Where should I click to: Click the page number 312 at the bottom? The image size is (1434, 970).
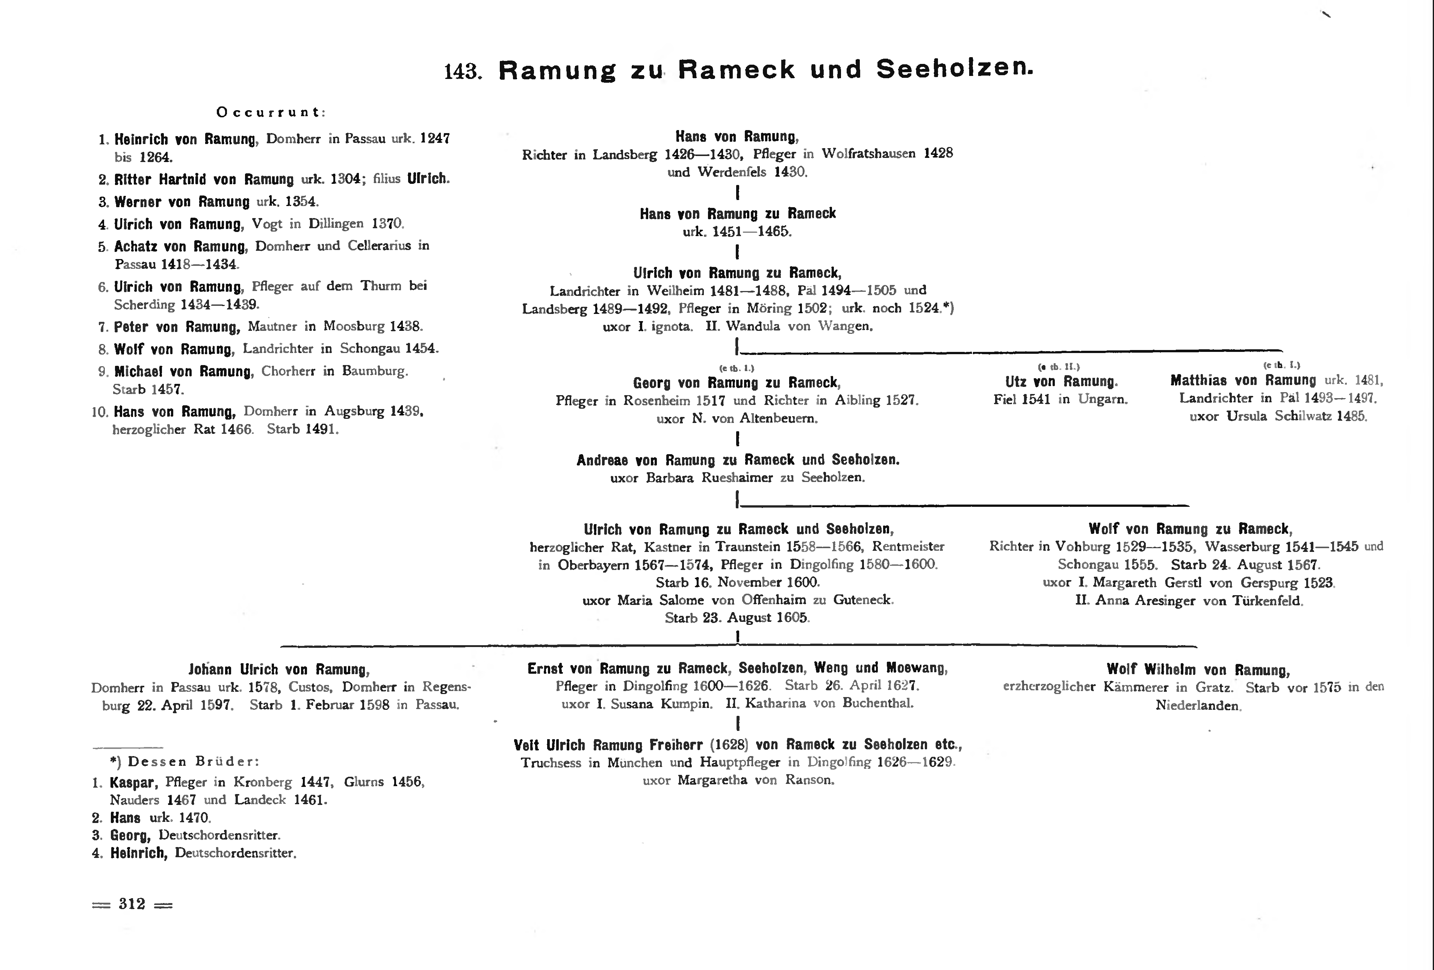tap(132, 904)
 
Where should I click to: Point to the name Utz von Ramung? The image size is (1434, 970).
tap(1061, 382)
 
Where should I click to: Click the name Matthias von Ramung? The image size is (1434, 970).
tap(1243, 380)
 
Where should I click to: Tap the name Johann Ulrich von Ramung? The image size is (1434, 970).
tap(279, 669)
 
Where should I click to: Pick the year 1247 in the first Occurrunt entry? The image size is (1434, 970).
tap(435, 138)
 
